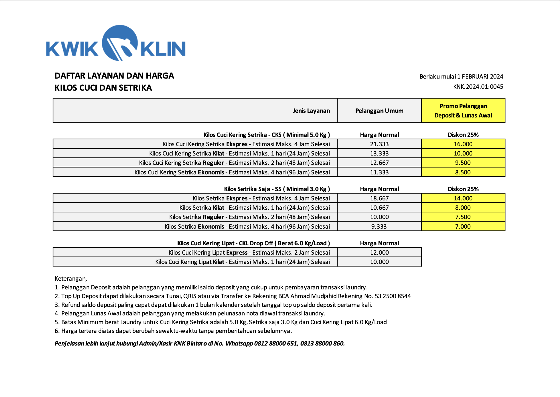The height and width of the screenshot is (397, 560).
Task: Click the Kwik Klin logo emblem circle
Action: pyautogui.click(x=120, y=43)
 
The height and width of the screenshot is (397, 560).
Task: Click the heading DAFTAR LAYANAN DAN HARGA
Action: pyautogui.click(x=114, y=76)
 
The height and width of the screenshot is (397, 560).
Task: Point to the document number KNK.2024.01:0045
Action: pyautogui.click(x=478, y=87)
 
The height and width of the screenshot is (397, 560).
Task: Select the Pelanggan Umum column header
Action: pyautogui.click(x=379, y=111)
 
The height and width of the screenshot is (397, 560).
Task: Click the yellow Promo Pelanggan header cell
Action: pyautogui.click(x=463, y=111)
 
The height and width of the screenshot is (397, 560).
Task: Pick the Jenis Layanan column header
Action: pyautogui.click(x=311, y=111)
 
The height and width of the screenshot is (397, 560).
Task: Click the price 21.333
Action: pyautogui.click(x=379, y=144)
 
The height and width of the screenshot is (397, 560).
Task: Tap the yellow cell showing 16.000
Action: pyautogui.click(x=463, y=144)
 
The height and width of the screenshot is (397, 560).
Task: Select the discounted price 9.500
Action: pyautogui.click(x=463, y=163)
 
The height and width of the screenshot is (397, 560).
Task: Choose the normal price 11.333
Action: pyautogui.click(x=379, y=172)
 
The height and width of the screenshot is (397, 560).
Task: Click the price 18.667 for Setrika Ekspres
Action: pyautogui.click(x=379, y=198)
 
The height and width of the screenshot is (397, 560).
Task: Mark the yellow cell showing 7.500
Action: pyautogui.click(x=463, y=217)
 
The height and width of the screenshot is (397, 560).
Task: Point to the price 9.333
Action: pyautogui.click(x=379, y=226)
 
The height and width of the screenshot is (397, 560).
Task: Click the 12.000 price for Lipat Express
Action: pyautogui.click(x=379, y=252)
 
